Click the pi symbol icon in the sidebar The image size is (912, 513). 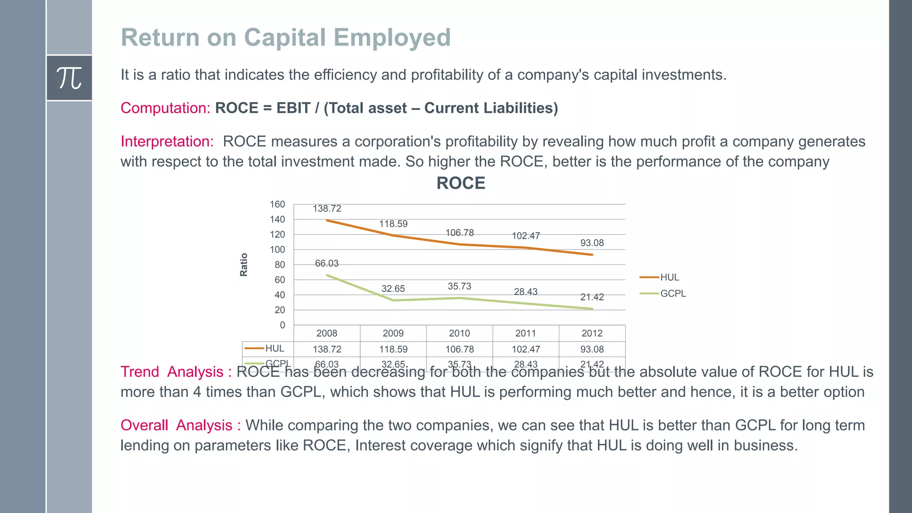coord(69,78)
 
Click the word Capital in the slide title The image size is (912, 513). coord(285,37)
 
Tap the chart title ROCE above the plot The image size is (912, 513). coord(460,183)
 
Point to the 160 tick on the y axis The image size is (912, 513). coord(277,204)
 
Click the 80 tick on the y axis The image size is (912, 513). coord(279,265)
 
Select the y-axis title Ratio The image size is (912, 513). coord(244,265)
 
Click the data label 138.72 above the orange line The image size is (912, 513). coord(327,208)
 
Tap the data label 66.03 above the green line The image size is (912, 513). coord(327,263)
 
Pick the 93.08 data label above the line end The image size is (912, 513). coord(592,243)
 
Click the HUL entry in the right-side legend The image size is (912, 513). coord(669,277)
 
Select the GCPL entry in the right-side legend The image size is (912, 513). coord(672,293)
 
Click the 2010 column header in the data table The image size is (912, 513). coord(459,333)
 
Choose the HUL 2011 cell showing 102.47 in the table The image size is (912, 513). coord(525,349)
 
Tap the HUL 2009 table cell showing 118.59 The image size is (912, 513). coord(393,349)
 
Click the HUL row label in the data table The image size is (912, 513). coord(274,348)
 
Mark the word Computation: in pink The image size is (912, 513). coord(165,108)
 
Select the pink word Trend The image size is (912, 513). coord(140,372)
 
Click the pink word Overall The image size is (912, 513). coord(144,425)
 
